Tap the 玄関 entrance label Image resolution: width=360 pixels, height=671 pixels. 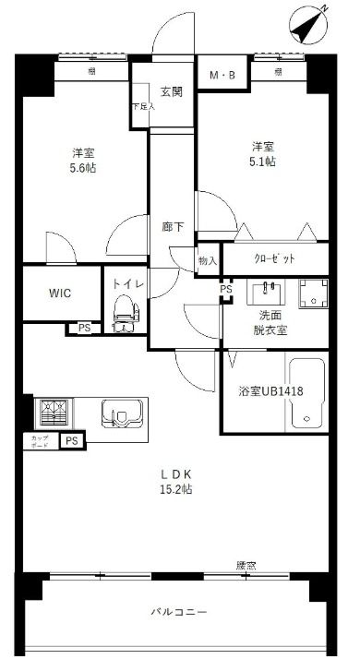pyautogui.click(x=171, y=91)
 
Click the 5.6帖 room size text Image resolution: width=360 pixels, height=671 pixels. pyautogui.click(x=84, y=170)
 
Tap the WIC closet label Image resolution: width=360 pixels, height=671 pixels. pyautogui.click(x=62, y=294)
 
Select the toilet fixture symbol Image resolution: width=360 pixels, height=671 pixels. pyautogui.click(x=123, y=316)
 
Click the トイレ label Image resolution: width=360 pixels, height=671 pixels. pyautogui.click(x=127, y=284)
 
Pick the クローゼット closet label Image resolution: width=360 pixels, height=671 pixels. pyautogui.click(x=274, y=258)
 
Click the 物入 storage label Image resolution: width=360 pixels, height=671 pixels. pyautogui.click(x=208, y=261)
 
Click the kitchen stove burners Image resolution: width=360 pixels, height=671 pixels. pyautogui.click(x=51, y=410)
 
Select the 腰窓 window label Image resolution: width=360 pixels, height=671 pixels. pyautogui.click(x=246, y=565)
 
